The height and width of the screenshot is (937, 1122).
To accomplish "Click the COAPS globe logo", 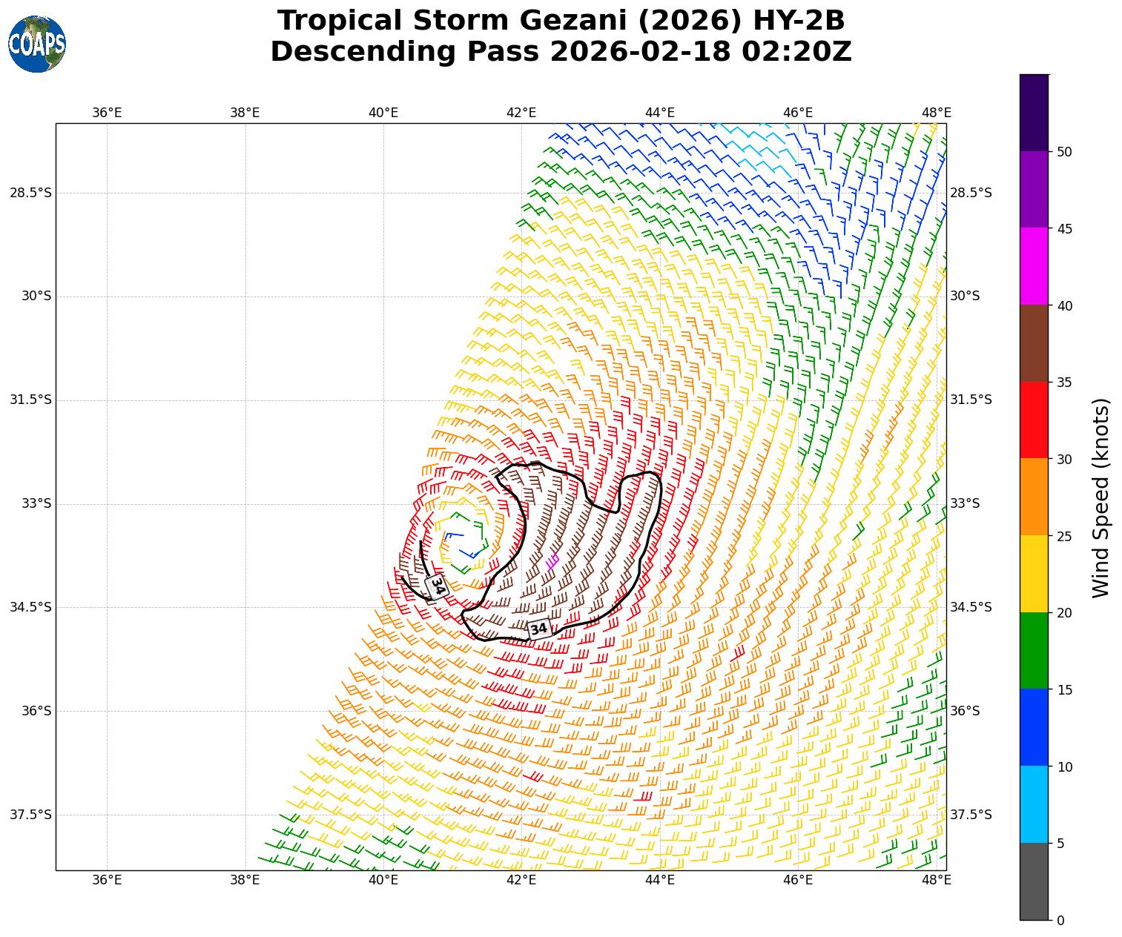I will (37, 44).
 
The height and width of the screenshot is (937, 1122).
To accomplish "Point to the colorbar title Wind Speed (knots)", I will (1101, 497).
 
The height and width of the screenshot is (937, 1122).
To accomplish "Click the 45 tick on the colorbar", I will (1064, 228).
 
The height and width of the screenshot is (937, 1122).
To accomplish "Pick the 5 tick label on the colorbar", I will (1060, 844).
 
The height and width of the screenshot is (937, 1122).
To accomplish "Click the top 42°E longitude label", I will (521, 113).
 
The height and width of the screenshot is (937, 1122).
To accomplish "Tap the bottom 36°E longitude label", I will (107, 880).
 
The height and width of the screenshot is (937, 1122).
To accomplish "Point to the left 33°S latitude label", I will (36, 503).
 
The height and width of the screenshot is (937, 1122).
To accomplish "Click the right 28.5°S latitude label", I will (971, 193).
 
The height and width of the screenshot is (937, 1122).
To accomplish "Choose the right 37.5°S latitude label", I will (971, 815).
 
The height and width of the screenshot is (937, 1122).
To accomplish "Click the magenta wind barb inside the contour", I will (552, 561).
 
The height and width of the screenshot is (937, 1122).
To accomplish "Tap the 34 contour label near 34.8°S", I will (539, 629).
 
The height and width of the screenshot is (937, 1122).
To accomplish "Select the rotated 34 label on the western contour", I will (438, 586).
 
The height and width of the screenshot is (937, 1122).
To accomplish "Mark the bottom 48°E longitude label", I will (936, 880).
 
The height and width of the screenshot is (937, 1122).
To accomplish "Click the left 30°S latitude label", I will (36, 296).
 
